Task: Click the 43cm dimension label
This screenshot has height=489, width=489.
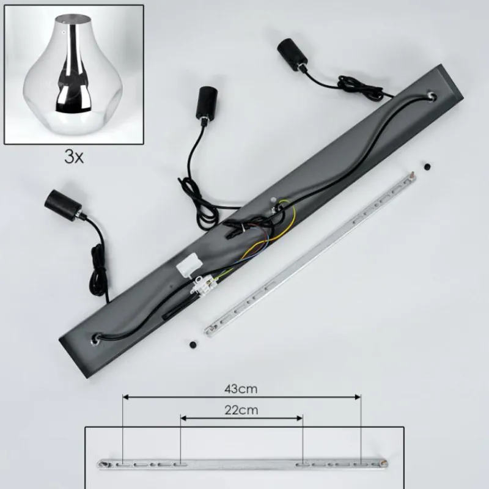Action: [x=241, y=389]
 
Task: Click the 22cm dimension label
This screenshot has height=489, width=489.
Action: [x=241, y=410]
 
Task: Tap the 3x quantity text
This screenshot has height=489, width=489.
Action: [x=74, y=157]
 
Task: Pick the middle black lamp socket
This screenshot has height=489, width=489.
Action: [x=204, y=103]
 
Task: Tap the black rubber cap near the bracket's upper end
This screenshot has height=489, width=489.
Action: [x=427, y=166]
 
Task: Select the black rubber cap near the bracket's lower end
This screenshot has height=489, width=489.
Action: [x=193, y=345]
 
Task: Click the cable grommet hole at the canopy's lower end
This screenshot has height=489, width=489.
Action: [x=96, y=339]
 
